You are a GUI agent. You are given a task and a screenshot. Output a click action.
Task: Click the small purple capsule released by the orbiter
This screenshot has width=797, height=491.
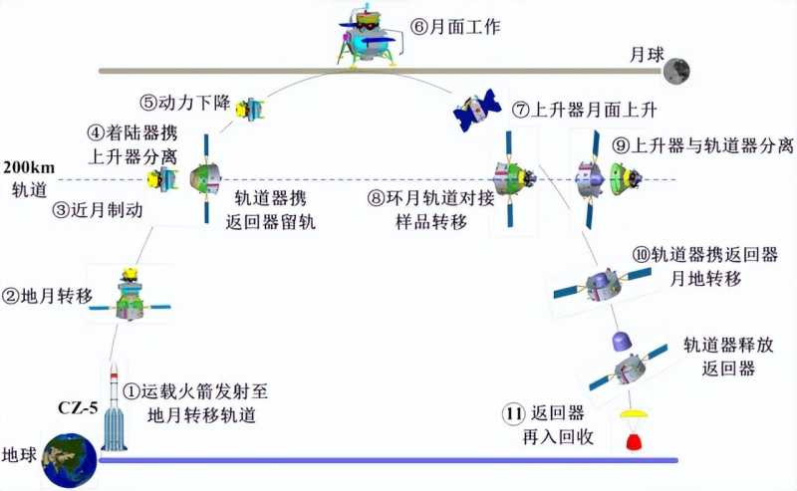click(x=618, y=344)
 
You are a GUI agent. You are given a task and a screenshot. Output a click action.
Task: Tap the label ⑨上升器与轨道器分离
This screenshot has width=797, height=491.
click(x=702, y=146)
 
